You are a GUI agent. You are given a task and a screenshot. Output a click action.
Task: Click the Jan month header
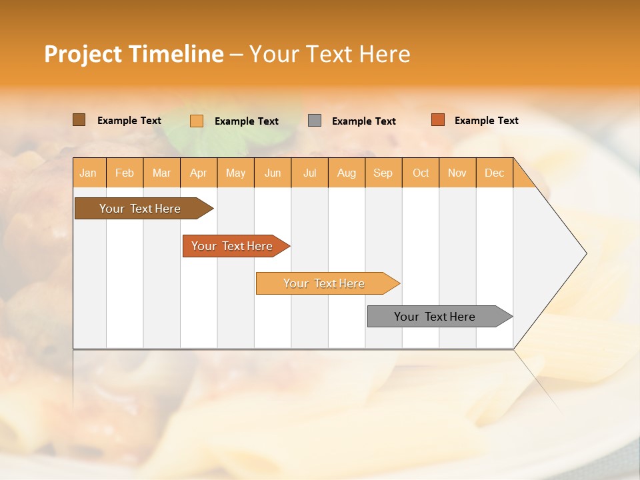(x=89, y=173)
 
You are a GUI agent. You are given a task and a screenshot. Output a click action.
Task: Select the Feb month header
(x=125, y=173)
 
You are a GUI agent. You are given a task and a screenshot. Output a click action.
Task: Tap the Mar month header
(x=161, y=173)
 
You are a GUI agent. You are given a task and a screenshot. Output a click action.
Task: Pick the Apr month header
(x=199, y=173)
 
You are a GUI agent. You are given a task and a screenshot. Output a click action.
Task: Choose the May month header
(x=235, y=173)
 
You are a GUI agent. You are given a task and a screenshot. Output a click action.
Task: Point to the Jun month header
(x=273, y=173)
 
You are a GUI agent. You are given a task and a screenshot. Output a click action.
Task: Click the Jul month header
(x=309, y=173)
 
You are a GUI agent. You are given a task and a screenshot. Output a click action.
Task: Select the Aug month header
(x=347, y=173)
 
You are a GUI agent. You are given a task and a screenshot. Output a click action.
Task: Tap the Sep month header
(x=383, y=173)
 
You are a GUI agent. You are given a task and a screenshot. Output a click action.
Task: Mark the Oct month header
(x=421, y=173)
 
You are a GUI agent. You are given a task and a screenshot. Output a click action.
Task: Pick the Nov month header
(x=457, y=173)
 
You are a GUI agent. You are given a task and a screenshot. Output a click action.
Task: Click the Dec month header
(x=495, y=173)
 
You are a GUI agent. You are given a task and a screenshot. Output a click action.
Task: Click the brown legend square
(x=79, y=120)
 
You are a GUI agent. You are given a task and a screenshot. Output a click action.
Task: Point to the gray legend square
(x=315, y=121)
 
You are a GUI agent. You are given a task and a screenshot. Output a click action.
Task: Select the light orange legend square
(x=197, y=121)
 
